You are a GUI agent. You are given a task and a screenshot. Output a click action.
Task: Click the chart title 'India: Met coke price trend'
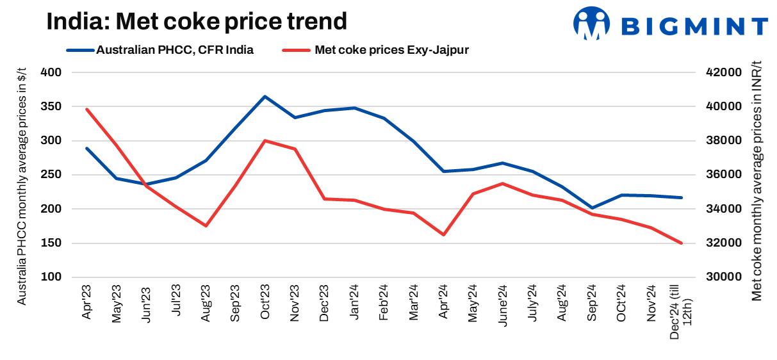click(x=196, y=22)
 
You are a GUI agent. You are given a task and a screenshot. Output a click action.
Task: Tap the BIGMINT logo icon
click(x=591, y=24)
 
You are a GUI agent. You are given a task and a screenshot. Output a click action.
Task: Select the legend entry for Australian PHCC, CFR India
click(x=174, y=50)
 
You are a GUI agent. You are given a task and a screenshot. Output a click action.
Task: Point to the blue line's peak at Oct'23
click(x=265, y=97)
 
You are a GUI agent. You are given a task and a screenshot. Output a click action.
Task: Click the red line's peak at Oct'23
click(x=265, y=140)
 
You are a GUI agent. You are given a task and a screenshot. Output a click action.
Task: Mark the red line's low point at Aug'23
click(x=206, y=225)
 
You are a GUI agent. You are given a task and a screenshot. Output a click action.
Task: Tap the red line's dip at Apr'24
click(x=443, y=234)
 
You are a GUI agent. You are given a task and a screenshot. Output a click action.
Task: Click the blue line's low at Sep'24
click(x=592, y=208)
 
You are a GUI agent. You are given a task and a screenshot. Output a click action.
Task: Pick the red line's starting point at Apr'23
click(x=86, y=109)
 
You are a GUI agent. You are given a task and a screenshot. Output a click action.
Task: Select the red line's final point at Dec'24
click(x=682, y=243)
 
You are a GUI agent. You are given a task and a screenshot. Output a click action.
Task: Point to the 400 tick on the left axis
click(x=51, y=72)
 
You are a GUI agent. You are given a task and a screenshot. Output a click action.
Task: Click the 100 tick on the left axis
click(x=51, y=277)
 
